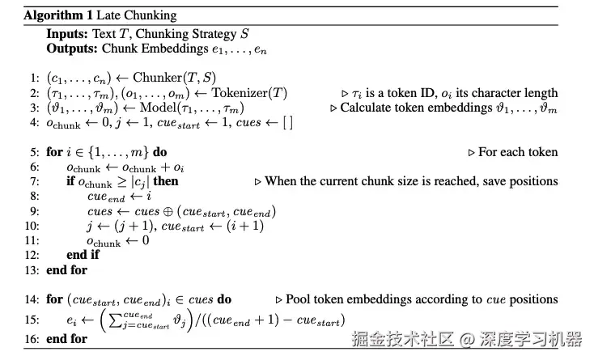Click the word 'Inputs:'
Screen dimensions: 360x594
click(x=67, y=34)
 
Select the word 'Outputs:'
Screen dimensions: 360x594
click(x=72, y=48)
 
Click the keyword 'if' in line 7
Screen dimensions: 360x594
click(x=71, y=181)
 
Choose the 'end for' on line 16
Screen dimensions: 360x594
click(x=67, y=339)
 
